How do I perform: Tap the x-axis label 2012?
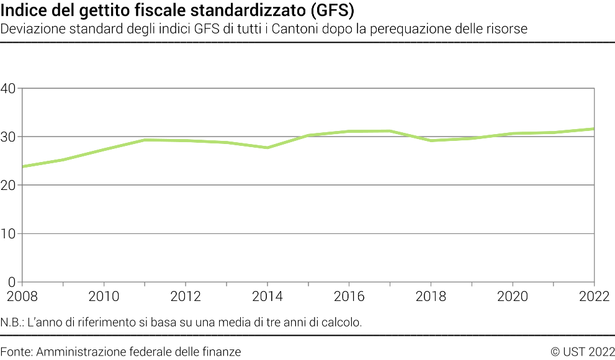coord(186,297)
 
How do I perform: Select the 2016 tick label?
coord(349,297)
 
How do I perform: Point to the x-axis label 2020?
coord(513,297)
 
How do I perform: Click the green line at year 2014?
coord(267,148)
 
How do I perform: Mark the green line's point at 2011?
coord(144,140)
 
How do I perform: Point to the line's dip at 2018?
coord(431,141)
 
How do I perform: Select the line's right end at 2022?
coord(594,129)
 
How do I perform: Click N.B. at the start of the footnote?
coord(12,323)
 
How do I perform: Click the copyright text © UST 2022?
coord(582,352)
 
